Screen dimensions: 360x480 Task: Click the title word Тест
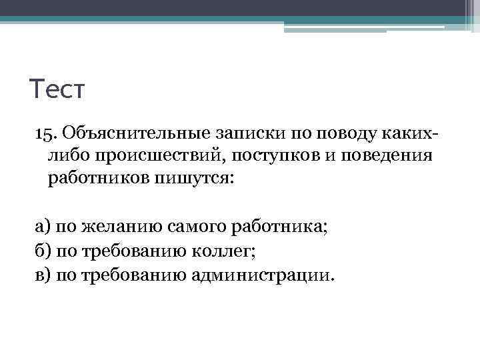(58, 89)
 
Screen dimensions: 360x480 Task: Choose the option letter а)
(43, 226)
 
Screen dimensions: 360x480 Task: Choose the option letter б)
(43, 250)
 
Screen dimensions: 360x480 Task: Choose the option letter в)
(43, 274)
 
